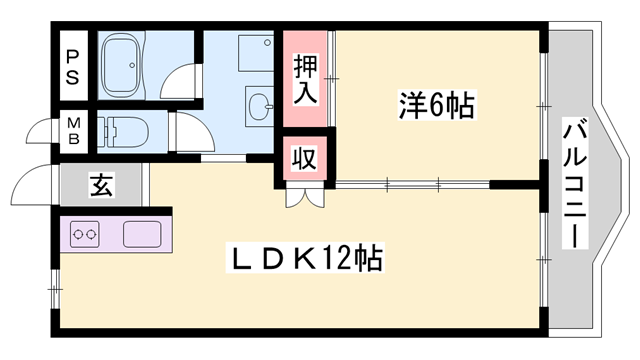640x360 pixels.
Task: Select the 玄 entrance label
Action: click(101, 185)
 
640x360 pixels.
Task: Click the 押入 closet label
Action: click(306, 81)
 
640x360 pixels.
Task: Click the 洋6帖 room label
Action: click(435, 103)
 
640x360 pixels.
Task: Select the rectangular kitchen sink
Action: click(140, 236)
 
